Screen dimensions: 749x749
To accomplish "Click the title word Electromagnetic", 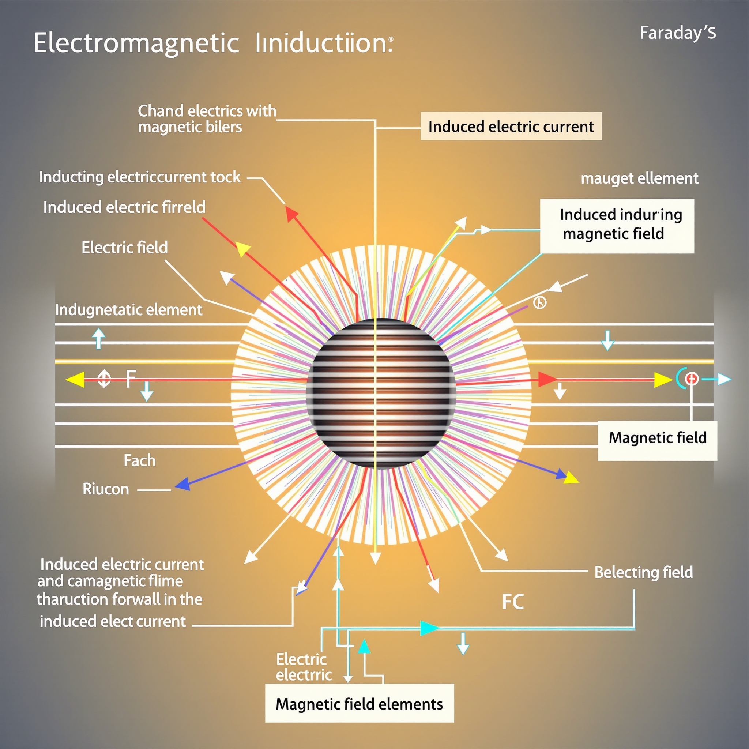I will pyautogui.click(x=136, y=44).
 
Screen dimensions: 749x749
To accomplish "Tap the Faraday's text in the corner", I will pyautogui.click(x=677, y=33).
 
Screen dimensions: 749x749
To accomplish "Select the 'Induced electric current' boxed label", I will pyautogui.click(x=511, y=127).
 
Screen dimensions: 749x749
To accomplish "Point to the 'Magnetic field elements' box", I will pyautogui.click(x=359, y=704).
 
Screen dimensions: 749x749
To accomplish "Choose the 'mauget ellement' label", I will pyautogui.click(x=639, y=178).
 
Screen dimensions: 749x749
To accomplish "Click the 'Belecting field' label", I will pyautogui.click(x=644, y=572).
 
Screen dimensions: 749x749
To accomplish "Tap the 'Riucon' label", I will pyautogui.click(x=105, y=489).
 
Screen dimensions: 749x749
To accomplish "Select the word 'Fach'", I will pyautogui.click(x=140, y=460).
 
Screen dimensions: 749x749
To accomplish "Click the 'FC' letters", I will pyautogui.click(x=512, y=602).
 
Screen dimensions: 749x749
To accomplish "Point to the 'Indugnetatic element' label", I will pyautogui.click(x=129, y=310).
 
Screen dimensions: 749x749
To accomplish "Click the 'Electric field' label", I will pyautogui.click(x=124, y=247).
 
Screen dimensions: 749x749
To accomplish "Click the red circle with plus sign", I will pyautogui.click(x=692, y=379).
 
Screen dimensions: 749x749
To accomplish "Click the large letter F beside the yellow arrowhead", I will pyautogui.click(x=131, y=379).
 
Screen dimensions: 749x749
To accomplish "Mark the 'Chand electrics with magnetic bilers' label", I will pyautogui.click(x=207, y=118).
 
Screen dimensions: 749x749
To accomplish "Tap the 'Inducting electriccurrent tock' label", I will pyautogui.click(x=140, y=177).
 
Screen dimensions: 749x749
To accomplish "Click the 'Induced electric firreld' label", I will pyautogui.click(x=124, y=207).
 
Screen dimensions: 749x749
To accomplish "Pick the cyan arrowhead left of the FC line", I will pyautogui.click(x=429, y=628).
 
